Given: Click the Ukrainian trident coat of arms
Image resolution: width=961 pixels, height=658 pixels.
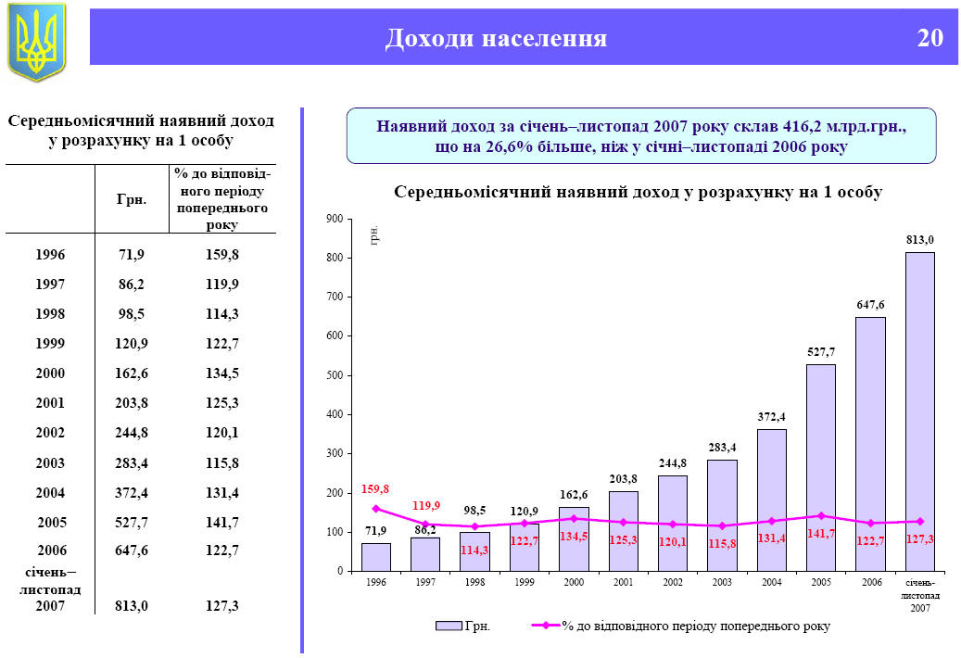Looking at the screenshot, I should click(x=37, y=41).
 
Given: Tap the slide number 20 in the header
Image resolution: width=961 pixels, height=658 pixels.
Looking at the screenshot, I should click(x=929, y=38).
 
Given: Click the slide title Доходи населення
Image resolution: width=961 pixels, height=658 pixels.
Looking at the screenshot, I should click(x=496, y=38).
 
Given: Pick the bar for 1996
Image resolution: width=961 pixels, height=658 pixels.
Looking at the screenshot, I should click(x=375, y=556).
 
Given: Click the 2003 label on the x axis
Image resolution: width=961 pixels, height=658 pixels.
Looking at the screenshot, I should click(x=722, y=583).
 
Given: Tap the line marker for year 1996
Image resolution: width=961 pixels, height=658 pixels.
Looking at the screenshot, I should click(x=376, y=509).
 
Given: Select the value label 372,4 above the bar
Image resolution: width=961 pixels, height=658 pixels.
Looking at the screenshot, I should click(x=771, y=417).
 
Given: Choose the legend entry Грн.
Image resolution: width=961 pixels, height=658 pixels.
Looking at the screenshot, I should click(x=463, y=626).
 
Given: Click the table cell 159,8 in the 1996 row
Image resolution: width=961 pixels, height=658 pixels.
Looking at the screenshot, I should click(x=222, y=254).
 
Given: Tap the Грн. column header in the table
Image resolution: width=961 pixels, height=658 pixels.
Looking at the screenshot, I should click(x=132, y=199).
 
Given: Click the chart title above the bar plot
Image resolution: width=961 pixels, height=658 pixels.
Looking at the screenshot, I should click(x=638, y=193).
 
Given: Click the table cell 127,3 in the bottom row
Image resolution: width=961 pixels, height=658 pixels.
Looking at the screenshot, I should click(x=222, y=605).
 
